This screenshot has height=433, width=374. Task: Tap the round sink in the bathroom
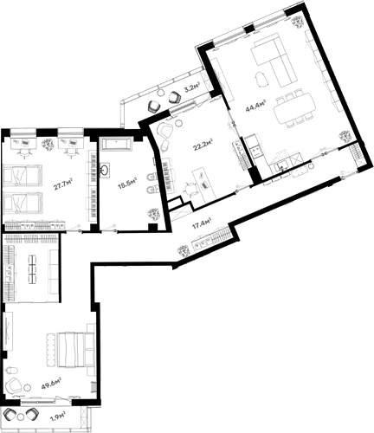(x=110, y=170)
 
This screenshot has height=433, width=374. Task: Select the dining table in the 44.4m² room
(x=291, y=111)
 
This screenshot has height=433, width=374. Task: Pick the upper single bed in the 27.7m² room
(x=23, y=178)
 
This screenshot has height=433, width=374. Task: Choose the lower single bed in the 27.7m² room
(x=23, y=204)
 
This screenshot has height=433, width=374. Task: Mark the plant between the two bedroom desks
(x=48, y=139)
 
